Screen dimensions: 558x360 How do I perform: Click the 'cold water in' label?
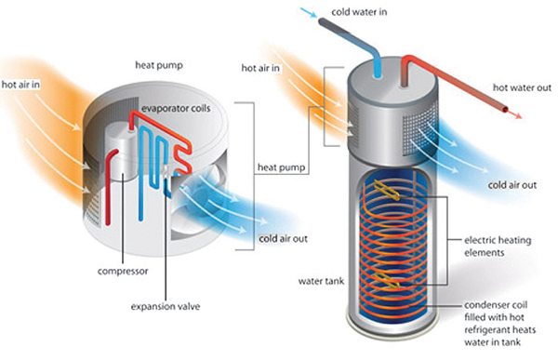click(x=359, y=12)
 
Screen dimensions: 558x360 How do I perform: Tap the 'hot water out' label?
click(x=522, y=87)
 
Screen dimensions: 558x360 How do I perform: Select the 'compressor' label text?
click(x=123, y=272)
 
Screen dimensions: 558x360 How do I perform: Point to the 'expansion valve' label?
click(x=166, y=306)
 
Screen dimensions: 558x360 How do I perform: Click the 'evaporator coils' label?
click(x=176, y=108)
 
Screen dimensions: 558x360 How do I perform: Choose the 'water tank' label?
click(x=322, y=281)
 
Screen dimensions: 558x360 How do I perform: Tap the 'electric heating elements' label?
click(x=498, y=247)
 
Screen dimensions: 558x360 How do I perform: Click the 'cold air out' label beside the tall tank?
click(x=512, y=185)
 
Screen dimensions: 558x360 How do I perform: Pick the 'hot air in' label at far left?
click(x=20, y=85)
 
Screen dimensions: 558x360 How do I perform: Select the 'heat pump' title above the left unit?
click(x=159, y=65)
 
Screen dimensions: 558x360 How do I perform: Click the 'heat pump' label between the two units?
click(x=281, y=167)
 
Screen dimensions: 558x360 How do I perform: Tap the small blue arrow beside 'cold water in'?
click(x=308, y=12)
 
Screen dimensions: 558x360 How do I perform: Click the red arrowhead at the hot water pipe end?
click(x=517, y=115)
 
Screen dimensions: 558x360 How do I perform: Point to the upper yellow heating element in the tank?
click(x=387, y=190)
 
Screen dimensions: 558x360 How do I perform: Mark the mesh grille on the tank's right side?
click(x=420, y=132)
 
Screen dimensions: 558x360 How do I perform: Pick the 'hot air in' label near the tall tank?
click(x=260, y=68)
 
